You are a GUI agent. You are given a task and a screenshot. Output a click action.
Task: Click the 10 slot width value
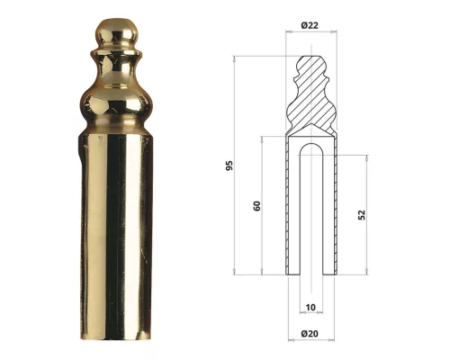pyautogui.click(x=310, y=307)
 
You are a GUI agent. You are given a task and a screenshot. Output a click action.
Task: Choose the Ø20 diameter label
pyautogui.click(x=310, y=335)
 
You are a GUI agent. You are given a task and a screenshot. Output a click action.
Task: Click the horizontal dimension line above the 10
pyautogui.click(x=310, y=315)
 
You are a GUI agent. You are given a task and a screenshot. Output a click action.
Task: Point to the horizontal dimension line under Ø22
pyautogui.click(x=310, y=32)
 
